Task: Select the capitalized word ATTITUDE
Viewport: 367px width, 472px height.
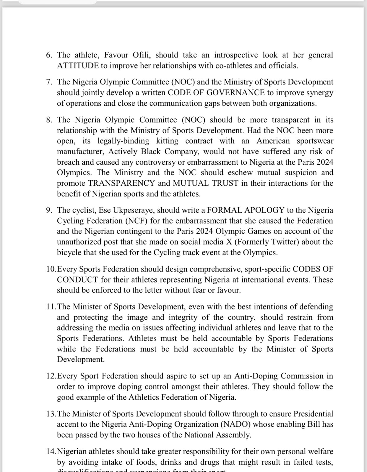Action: (x=78, y=65)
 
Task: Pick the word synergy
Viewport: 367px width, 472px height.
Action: (x=319, y=92)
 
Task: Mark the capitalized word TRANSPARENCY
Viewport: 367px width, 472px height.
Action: (x=121, y=183)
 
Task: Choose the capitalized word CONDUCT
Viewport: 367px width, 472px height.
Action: (x=77, y=280)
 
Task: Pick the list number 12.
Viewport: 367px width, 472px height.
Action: (x=51, y=376)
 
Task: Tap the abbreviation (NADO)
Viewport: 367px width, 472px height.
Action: (x=236, y=424)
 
